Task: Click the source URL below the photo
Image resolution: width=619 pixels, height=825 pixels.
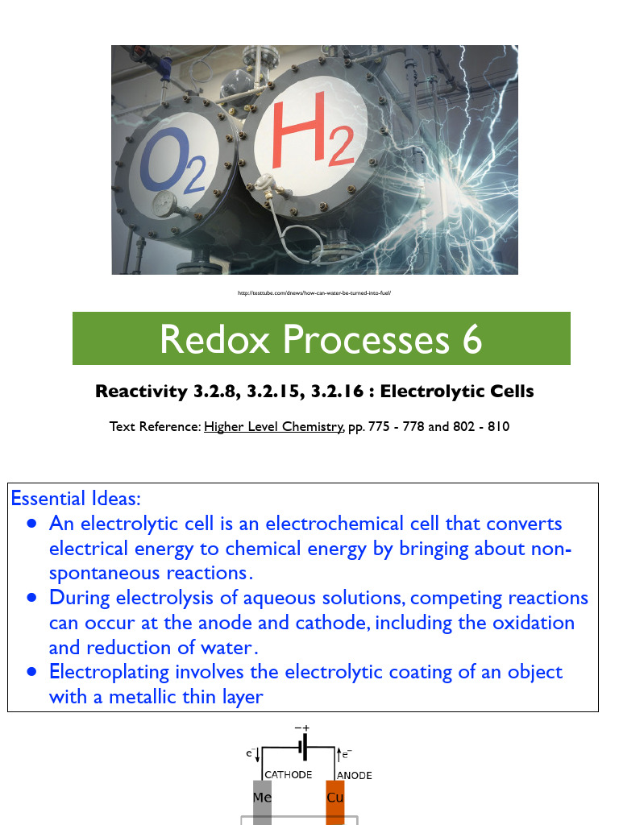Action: pos(314,292)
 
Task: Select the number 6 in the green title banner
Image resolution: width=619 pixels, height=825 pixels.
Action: pos(472,339)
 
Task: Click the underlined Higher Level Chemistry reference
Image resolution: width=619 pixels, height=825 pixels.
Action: pos(273,426)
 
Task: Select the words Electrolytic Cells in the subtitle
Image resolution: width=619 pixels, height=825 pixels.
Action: pos(457,392)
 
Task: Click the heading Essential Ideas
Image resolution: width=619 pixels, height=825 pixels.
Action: pos(76,499)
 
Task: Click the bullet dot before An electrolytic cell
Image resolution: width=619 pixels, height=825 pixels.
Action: pos(32,524)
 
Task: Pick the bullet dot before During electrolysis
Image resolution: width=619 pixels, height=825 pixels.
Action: pos(32,599)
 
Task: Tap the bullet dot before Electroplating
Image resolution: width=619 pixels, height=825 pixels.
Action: pos(32,673)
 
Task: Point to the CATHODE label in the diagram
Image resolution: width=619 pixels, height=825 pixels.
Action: pos(288,775)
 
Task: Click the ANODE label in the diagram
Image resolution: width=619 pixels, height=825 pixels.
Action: pos(355,775)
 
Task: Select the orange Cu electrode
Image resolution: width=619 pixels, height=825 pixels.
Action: pos(335,802)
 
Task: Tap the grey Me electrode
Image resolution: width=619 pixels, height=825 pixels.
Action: pos(263,802)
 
